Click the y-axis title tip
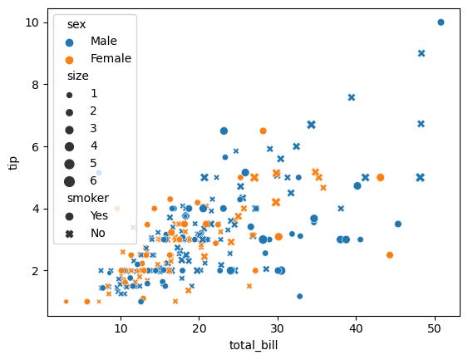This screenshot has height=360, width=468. point(12,162)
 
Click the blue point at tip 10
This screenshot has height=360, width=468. point(441,22)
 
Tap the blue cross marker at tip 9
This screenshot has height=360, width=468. point(421,53)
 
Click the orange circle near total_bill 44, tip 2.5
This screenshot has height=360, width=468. point(389,255)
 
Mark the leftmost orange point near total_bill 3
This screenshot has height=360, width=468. point(66,302)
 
